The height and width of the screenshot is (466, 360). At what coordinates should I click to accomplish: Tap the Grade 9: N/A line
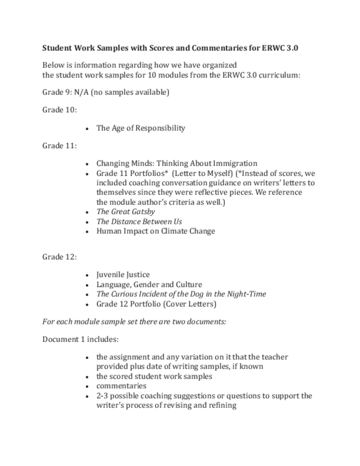[x=106, y=92]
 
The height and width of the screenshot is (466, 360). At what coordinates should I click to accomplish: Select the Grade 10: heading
[x=60, y=110]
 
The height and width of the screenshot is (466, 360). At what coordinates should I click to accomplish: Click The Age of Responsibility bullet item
[x=141, y=128]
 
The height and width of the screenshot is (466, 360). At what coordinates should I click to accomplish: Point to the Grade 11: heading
[x=60, y=146]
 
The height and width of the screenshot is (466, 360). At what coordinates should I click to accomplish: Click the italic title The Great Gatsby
[x=126, y=212]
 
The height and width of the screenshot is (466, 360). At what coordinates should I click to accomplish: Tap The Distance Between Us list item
[x=139, y=222]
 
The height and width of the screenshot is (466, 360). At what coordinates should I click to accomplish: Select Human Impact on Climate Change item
[x=156, y=231]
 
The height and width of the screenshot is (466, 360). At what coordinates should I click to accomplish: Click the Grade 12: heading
[x=60, y=257]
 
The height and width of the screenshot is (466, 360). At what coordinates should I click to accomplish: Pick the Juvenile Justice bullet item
[x=123, y=275]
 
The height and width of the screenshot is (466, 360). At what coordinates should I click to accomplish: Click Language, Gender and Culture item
[x=149, y=285]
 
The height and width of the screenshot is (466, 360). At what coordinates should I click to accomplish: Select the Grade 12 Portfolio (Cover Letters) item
[x=156, y=304]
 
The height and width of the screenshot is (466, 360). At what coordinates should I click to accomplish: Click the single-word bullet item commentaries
[x=121, y=386]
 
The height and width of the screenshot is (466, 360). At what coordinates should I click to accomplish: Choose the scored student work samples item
[x=154, y=376]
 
